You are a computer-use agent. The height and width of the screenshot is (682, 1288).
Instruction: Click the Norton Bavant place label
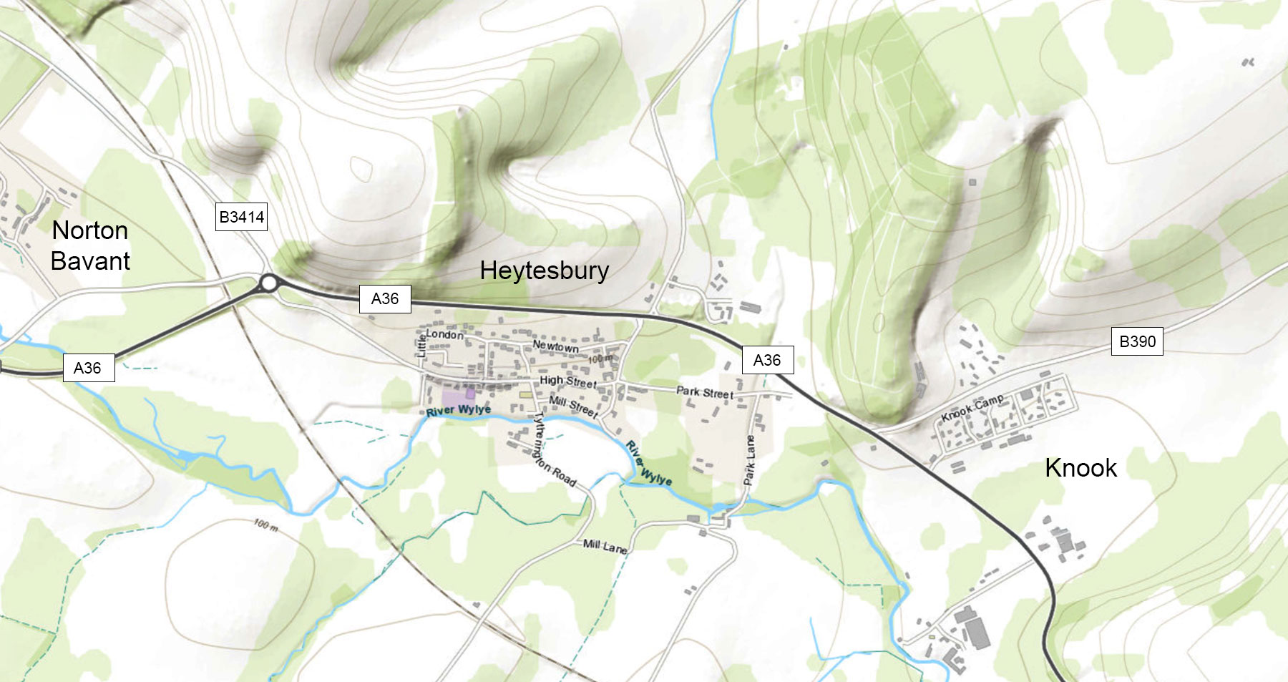click(90, 245)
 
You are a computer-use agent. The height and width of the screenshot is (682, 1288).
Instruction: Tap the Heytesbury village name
click(544, 271)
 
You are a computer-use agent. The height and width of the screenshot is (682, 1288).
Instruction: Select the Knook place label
click(1080, 468)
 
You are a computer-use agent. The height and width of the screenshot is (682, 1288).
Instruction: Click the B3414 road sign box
click(242, 217)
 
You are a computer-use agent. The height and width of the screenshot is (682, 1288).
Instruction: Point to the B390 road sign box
click(1137, 341)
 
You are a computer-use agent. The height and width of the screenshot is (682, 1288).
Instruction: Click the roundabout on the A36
click(268, 283)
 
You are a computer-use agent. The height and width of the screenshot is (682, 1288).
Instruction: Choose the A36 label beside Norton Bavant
click(88, 368)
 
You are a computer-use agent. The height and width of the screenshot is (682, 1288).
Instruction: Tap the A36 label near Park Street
click(767, 360)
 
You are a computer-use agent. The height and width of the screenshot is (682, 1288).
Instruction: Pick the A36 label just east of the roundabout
click(385, 298)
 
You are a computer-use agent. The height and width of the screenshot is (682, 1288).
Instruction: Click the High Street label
click(567, 381)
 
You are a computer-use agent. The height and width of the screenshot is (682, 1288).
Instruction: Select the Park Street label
click(704, 392)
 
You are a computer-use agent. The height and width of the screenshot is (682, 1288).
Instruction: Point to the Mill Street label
click(573, 406)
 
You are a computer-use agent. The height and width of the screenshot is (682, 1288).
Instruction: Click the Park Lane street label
click(750, 459)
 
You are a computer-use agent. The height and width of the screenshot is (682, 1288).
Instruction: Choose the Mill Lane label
click(605, 547)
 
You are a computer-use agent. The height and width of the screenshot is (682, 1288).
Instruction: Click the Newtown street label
click(555, 346)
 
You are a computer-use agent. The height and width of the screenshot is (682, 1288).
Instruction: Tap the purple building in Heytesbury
click(455, 398)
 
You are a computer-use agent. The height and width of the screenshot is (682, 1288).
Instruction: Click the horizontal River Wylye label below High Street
click(459, 410)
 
